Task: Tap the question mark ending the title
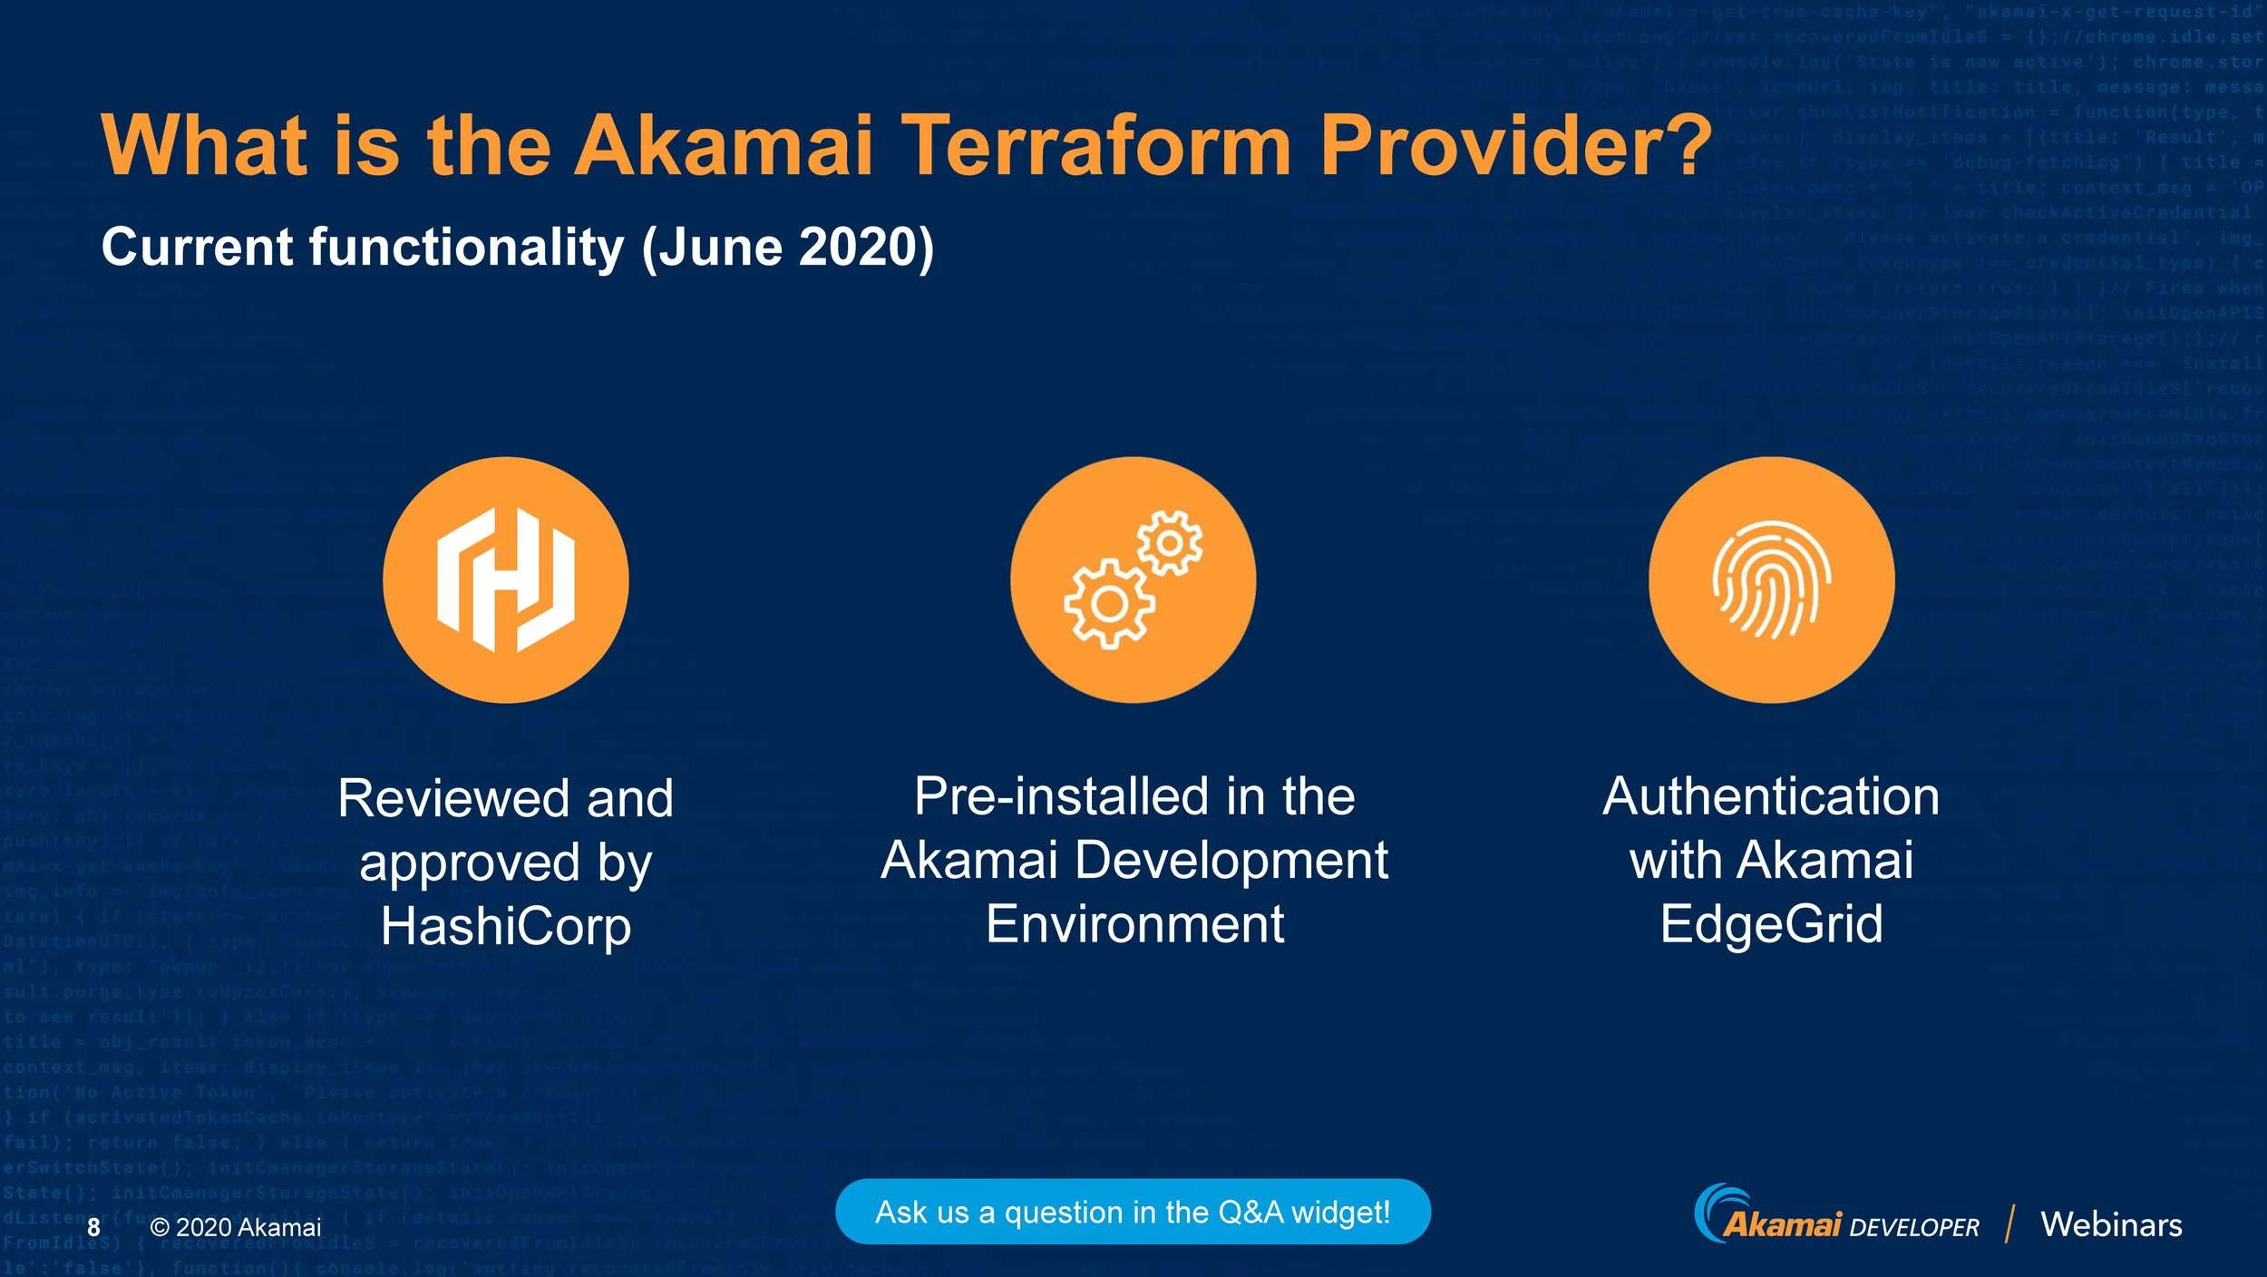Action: (x=1688, y=145)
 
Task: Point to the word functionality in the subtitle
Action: (x=467, y=247)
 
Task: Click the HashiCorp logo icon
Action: (x=506, y=580)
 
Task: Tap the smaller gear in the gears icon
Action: (x=1170, y=542)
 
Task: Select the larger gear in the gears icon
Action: (x=1109, y=603)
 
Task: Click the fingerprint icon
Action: (x=1771, y=580)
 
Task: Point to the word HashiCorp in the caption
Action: (x=506, y=927)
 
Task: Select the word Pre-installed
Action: (x=1061, y=796)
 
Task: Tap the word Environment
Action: (x=1134, y=924)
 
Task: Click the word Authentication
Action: (x=1771, y=796)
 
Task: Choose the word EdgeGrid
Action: (x=1771, y=924)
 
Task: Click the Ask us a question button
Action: (x=1133, y=1212)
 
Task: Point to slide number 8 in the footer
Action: (x=93, y=1227)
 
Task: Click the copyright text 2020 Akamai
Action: (x=236, y=1227)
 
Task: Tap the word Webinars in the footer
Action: (x=2111, y=1224)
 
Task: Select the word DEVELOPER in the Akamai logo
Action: (x=1913, y=1228)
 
